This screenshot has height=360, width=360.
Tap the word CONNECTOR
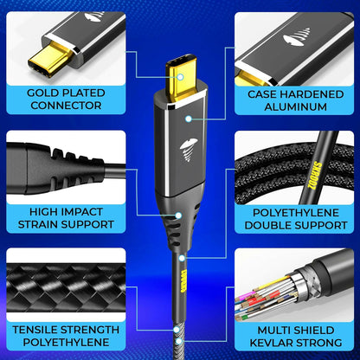66,106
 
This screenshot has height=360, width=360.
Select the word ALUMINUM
296,106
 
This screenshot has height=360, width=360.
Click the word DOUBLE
267,225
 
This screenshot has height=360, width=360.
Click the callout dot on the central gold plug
180,77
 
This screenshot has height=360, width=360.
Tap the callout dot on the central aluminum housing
189,119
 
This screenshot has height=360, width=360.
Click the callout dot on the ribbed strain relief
178,215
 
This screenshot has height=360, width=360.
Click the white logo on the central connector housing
189,150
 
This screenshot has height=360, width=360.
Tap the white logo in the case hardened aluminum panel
297,37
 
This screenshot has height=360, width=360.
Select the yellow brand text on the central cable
182,281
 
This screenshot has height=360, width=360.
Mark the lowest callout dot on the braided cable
179,342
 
